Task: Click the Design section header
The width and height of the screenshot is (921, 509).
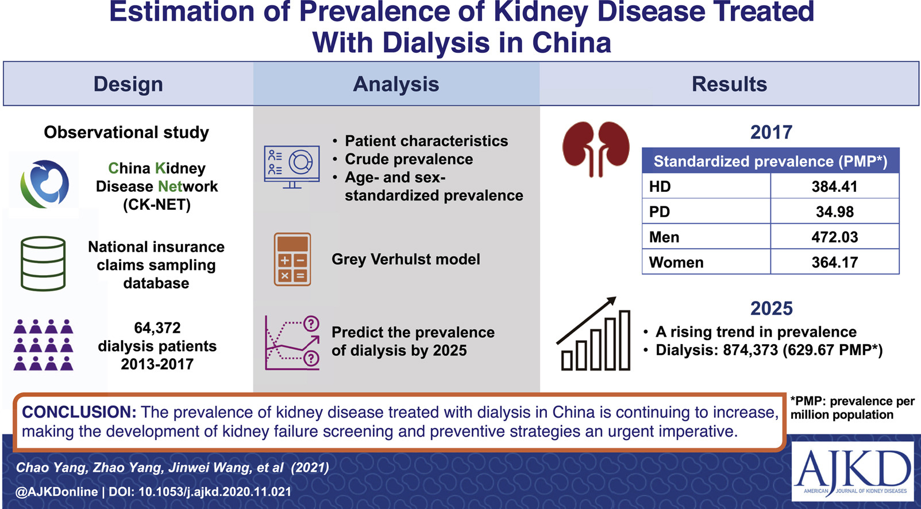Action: point(128,84)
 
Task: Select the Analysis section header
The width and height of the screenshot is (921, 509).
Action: point(396,84)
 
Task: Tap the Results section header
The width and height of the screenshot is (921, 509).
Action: point(729,84)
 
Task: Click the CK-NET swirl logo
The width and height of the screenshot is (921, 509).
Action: point(44,184)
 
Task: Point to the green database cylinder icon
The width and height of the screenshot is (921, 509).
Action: point(43,264)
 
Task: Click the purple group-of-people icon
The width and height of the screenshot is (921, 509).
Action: point(43,345)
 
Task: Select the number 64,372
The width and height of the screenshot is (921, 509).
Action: point(157,327)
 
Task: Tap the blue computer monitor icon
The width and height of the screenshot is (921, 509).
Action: point(292,167)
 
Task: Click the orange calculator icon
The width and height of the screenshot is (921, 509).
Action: point(292,260)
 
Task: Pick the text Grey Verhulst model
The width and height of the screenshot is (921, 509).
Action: point(406,259)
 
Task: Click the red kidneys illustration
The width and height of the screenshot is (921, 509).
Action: point(596,149)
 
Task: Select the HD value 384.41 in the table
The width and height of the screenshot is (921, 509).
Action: point(835,186)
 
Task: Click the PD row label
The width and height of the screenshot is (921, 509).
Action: point(660,211)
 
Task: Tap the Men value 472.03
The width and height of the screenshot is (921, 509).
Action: point(835,237)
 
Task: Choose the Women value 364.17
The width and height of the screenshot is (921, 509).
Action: point(835,263)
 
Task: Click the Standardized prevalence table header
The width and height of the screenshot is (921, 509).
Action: point(770,161)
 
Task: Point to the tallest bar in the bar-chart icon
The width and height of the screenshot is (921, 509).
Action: point(625,340)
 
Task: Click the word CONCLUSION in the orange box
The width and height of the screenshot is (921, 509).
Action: point(79,412)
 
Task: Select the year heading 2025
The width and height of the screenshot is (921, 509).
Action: point(772,309)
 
